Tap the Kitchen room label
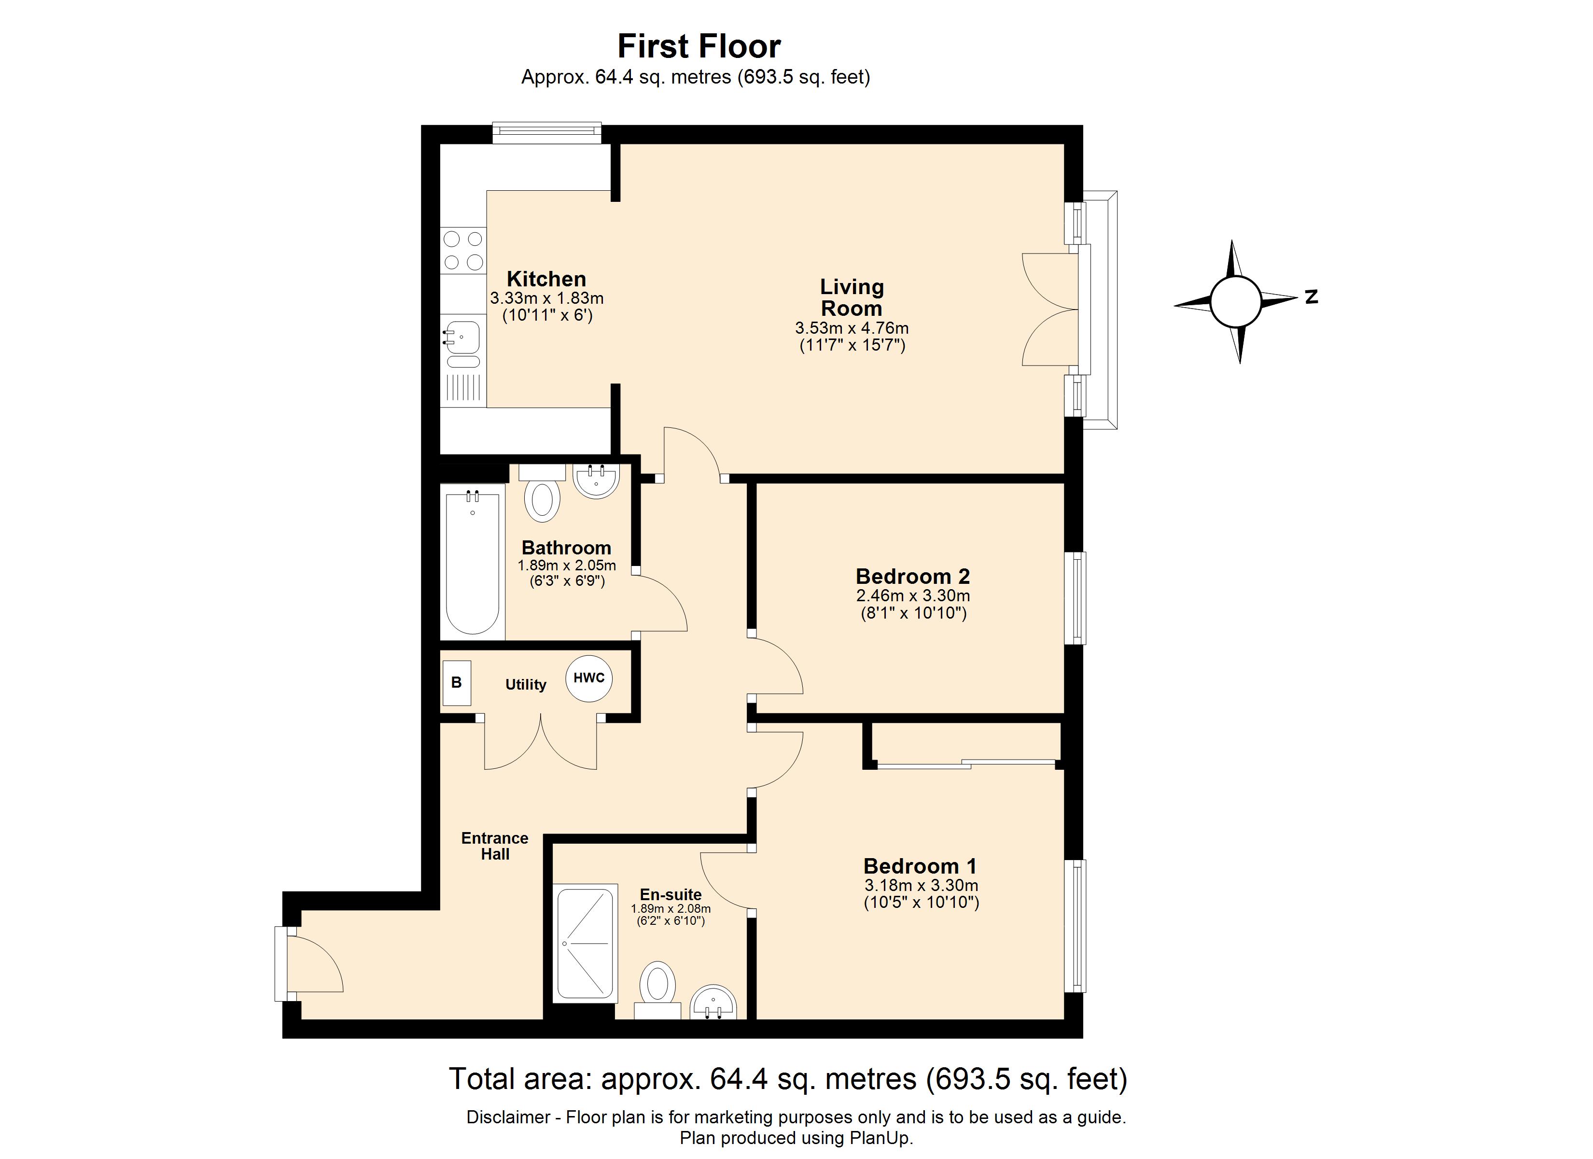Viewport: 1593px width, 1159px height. point(546,279)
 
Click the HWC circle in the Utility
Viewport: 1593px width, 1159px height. point(588,678)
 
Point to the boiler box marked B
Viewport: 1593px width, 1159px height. point(457,682)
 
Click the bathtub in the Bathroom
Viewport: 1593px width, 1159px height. point(473,562)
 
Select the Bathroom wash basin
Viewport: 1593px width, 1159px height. point(596,481)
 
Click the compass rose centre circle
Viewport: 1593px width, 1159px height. point(1235,301)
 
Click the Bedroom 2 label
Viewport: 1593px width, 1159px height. point(912,576)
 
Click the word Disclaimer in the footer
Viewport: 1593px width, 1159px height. point(508,1117)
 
